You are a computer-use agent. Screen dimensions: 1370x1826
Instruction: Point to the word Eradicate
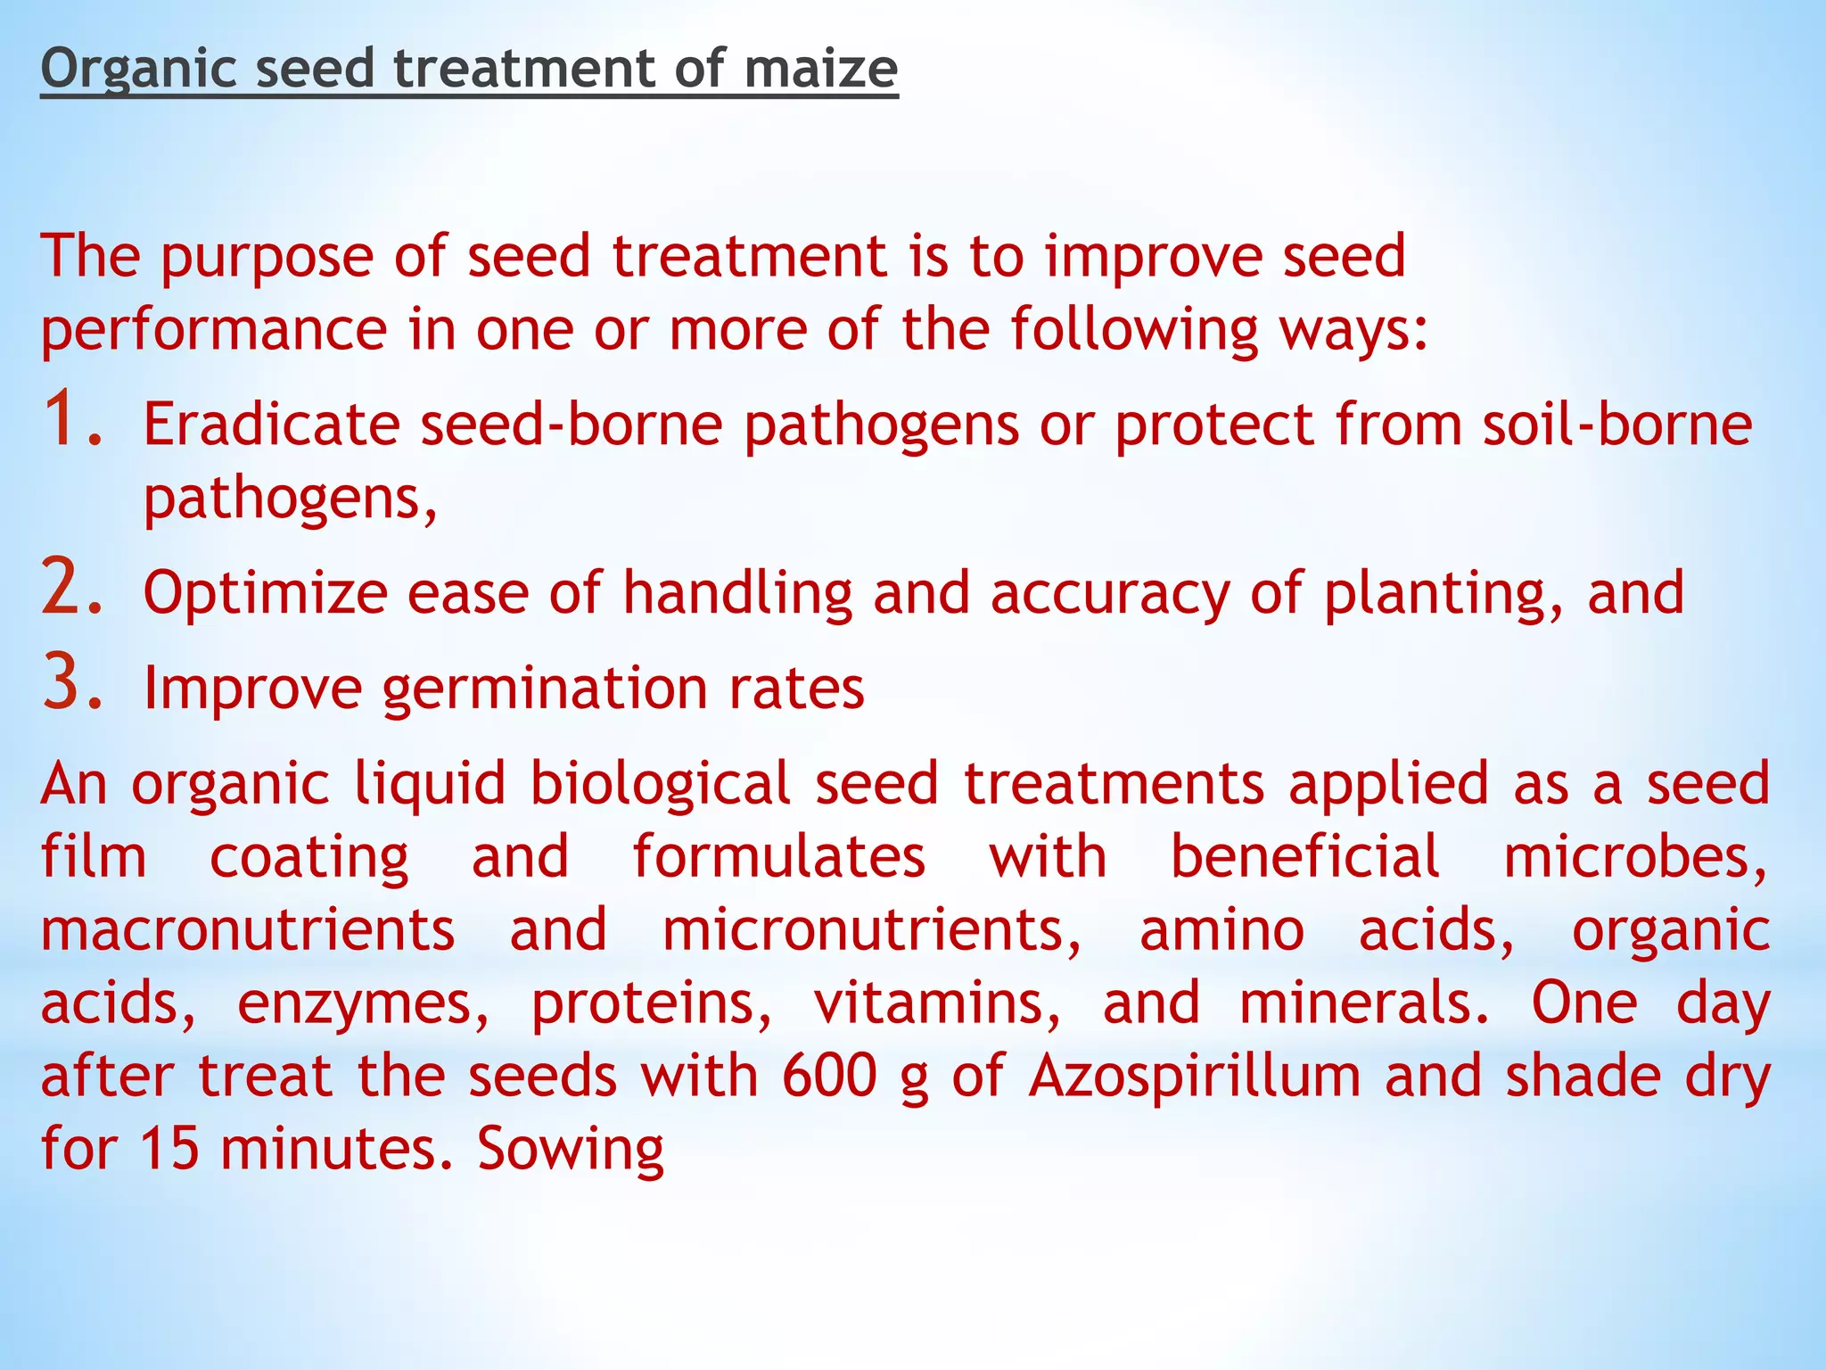click(272, 424)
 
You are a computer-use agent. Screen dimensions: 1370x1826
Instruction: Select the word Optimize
click(265, 593)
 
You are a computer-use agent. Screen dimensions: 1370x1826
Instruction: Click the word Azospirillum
click(1194, 1076)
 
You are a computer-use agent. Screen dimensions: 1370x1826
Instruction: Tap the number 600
click(829, 1076)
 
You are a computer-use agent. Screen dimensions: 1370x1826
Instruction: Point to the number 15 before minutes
click(169, 1149)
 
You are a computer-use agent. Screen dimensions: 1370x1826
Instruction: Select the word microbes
click(1635, 857)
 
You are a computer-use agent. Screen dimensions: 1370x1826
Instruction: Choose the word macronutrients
click(248, 930)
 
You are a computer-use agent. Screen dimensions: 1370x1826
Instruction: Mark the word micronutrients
click(871, 930)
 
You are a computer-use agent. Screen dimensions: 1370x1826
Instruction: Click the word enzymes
click(363, 1005)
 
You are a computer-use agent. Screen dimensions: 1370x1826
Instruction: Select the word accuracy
click(1110, 593)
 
